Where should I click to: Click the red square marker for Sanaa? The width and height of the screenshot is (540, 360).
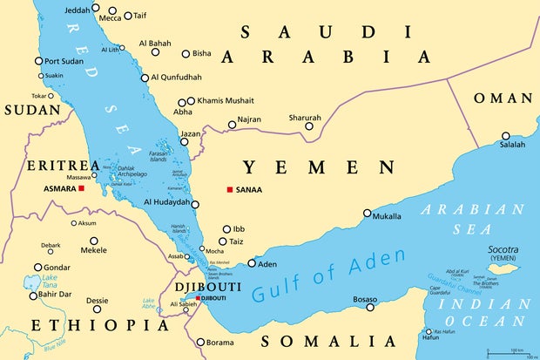(230, 190)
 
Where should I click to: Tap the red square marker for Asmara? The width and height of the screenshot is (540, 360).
(81, 188)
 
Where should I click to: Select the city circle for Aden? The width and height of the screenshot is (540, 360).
(252, 263)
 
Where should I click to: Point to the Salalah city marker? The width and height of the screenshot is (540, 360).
(506, 136)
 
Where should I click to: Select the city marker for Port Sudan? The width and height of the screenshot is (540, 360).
(38, 61)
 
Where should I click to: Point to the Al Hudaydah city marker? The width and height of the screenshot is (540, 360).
(195, 205)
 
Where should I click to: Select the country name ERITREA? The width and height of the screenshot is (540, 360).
(63, 166)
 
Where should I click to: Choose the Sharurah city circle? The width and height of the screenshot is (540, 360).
(309, 127)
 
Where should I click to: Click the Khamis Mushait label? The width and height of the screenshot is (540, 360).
(225, 101)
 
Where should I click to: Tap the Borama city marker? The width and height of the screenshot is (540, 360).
(200, 343)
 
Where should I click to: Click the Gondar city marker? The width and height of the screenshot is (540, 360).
(38, 268)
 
